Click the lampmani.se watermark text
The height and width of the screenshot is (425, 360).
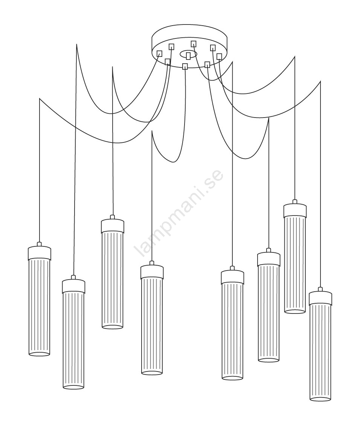179,212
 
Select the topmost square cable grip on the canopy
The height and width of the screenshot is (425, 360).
194,43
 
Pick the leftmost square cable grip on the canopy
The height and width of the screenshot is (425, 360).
160,54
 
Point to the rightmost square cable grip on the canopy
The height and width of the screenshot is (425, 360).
219,57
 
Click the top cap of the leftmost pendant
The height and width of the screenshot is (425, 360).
40,252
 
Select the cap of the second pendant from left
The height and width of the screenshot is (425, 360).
73,286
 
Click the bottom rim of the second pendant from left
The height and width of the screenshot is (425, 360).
73,387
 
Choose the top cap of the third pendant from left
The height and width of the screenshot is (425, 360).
113,226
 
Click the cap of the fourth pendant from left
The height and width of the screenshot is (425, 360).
152,272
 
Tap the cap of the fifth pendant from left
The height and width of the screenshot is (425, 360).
232,277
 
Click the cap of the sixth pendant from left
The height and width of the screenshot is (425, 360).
269,259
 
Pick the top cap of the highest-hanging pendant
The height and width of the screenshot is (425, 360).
295,211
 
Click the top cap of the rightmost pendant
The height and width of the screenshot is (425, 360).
320,298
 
